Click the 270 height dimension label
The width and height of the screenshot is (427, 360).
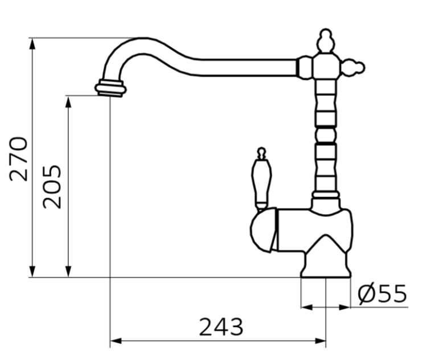[19, 158]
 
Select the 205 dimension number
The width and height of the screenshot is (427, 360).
[54, 187]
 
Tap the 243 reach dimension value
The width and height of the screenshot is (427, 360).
[221, 326]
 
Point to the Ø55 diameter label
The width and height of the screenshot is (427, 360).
[383, 294]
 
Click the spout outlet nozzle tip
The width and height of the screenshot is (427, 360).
[110, 89]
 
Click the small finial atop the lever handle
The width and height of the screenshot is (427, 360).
[261, 153]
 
